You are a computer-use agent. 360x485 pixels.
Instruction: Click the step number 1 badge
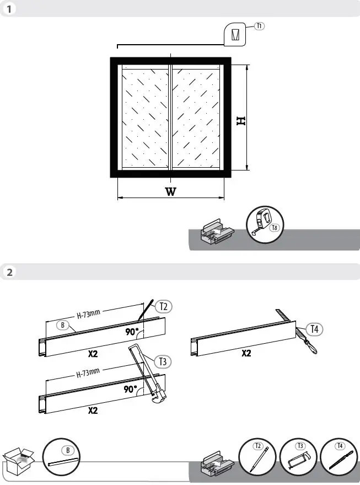point(9,9)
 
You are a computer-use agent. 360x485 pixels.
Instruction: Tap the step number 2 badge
point(9,272)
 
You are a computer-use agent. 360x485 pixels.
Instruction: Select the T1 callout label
point(260,26)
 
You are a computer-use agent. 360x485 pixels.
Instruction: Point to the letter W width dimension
point(171,192)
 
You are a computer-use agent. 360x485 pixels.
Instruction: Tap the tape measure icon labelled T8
point(264,222)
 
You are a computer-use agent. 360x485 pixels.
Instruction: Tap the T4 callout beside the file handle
point(314,329)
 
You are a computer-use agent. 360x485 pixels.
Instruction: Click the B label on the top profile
point(63,325)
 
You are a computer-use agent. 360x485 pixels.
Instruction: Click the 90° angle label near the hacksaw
point(131,389)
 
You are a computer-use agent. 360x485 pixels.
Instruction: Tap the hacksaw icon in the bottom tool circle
point(298,457)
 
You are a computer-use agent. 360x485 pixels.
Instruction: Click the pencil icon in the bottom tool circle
point(258,457)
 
